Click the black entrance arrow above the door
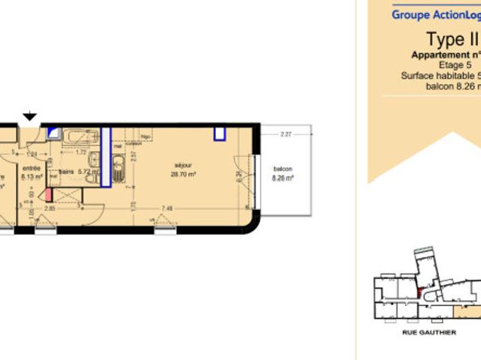(x=29, y=116)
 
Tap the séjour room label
(x=183, y=166)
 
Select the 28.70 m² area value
(x=183, y=174)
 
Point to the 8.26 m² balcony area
(x=283, y=178)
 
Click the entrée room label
(x=32, y=169)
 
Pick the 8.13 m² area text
(x=32, y=177)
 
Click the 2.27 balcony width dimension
(x=285, y=135)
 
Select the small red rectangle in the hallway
(x=49, y=194)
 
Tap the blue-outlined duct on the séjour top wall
(x=220, y=134)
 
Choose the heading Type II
(x=451, y=39)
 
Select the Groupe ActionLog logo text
(x=436, y=13)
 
